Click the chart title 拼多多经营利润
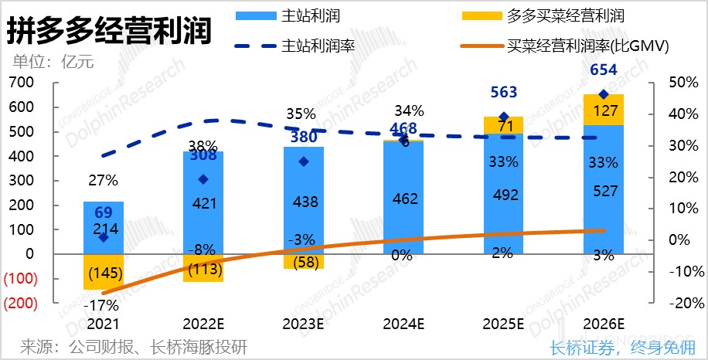(108, 32)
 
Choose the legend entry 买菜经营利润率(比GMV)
(587, 46)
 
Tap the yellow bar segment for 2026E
(604, 110)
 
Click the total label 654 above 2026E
(604, 70)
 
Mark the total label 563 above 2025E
(503, 92)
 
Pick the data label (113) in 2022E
(203, 269)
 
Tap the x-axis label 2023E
(302, 322)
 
